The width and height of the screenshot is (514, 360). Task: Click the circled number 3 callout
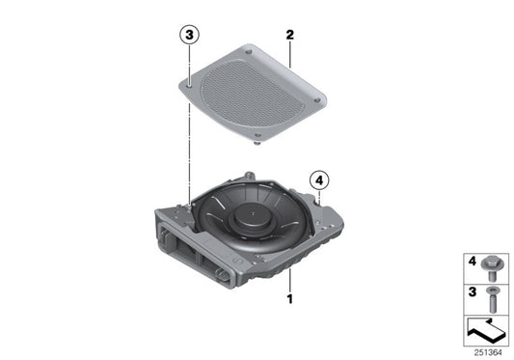189,36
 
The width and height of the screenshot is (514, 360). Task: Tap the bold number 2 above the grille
288,35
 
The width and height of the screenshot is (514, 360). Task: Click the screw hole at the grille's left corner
190,85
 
